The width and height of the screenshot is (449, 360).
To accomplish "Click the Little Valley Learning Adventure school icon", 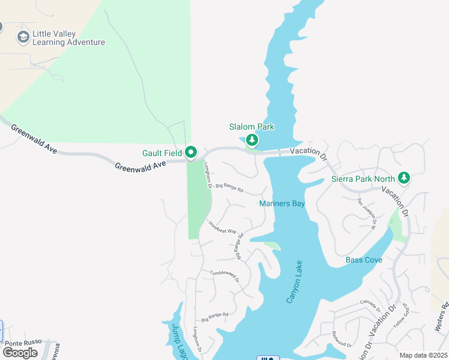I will pyautogui.click(x=23, y=37).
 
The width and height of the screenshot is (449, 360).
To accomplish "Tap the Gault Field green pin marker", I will pyautogui.click(x=191, y=153).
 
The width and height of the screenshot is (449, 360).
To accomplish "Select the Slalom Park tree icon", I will pyautogui.click(x=252, y=140).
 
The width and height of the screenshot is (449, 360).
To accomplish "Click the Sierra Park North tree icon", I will pyautogui.click(x=404, y=178).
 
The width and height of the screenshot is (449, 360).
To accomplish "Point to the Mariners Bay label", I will pyautogui.click(x=282, y=204).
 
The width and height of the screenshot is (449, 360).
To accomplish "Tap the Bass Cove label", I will pyautogui.click(x=364, y=260).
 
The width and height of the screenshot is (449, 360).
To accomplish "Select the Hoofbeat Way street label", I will pyautogui.click(x=223, y=227).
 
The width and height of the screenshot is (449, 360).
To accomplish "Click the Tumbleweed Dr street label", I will pyautogui.click(x=224, y=276).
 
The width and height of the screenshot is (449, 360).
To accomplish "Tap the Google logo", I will pyautogui.click(x=20, y=353).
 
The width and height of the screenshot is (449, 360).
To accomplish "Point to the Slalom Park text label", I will pyautogui.click(x=252, y=127).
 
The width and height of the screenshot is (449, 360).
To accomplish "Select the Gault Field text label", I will pyautogui.click(x=162, y=154).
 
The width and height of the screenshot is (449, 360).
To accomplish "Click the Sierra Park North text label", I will pyautogui.click(x=363, y=179).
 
